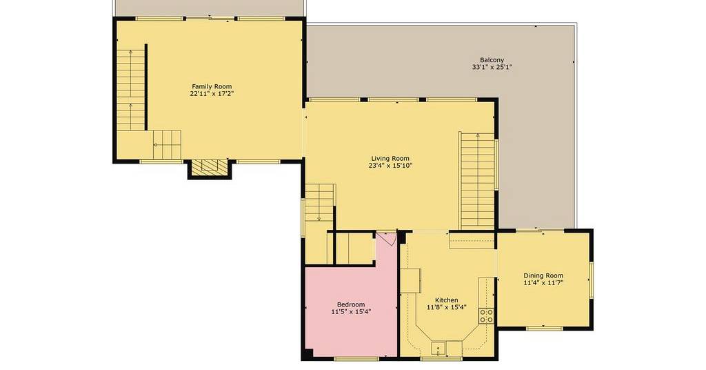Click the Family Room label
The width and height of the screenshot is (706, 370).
212,86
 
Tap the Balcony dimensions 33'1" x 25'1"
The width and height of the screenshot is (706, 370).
492,67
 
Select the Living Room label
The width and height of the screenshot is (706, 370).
390,158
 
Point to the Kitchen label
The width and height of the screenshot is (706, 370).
447,300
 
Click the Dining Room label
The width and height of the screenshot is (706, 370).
543,275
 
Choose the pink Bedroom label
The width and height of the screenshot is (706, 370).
351,304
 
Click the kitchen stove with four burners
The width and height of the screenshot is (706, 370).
486,315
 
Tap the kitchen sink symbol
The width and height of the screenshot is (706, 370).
438,349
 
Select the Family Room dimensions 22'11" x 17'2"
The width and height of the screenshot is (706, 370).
212,94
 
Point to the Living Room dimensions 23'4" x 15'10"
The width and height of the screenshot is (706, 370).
390,166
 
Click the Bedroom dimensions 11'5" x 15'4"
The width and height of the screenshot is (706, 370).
351,311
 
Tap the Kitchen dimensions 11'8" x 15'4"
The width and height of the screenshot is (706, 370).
447,307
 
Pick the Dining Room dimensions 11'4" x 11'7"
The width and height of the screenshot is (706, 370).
543,283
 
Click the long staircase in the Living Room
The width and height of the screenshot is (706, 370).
477,180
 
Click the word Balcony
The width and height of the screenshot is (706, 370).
492,59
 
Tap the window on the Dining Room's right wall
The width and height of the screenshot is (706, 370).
591,280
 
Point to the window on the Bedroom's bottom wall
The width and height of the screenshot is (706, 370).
357,358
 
